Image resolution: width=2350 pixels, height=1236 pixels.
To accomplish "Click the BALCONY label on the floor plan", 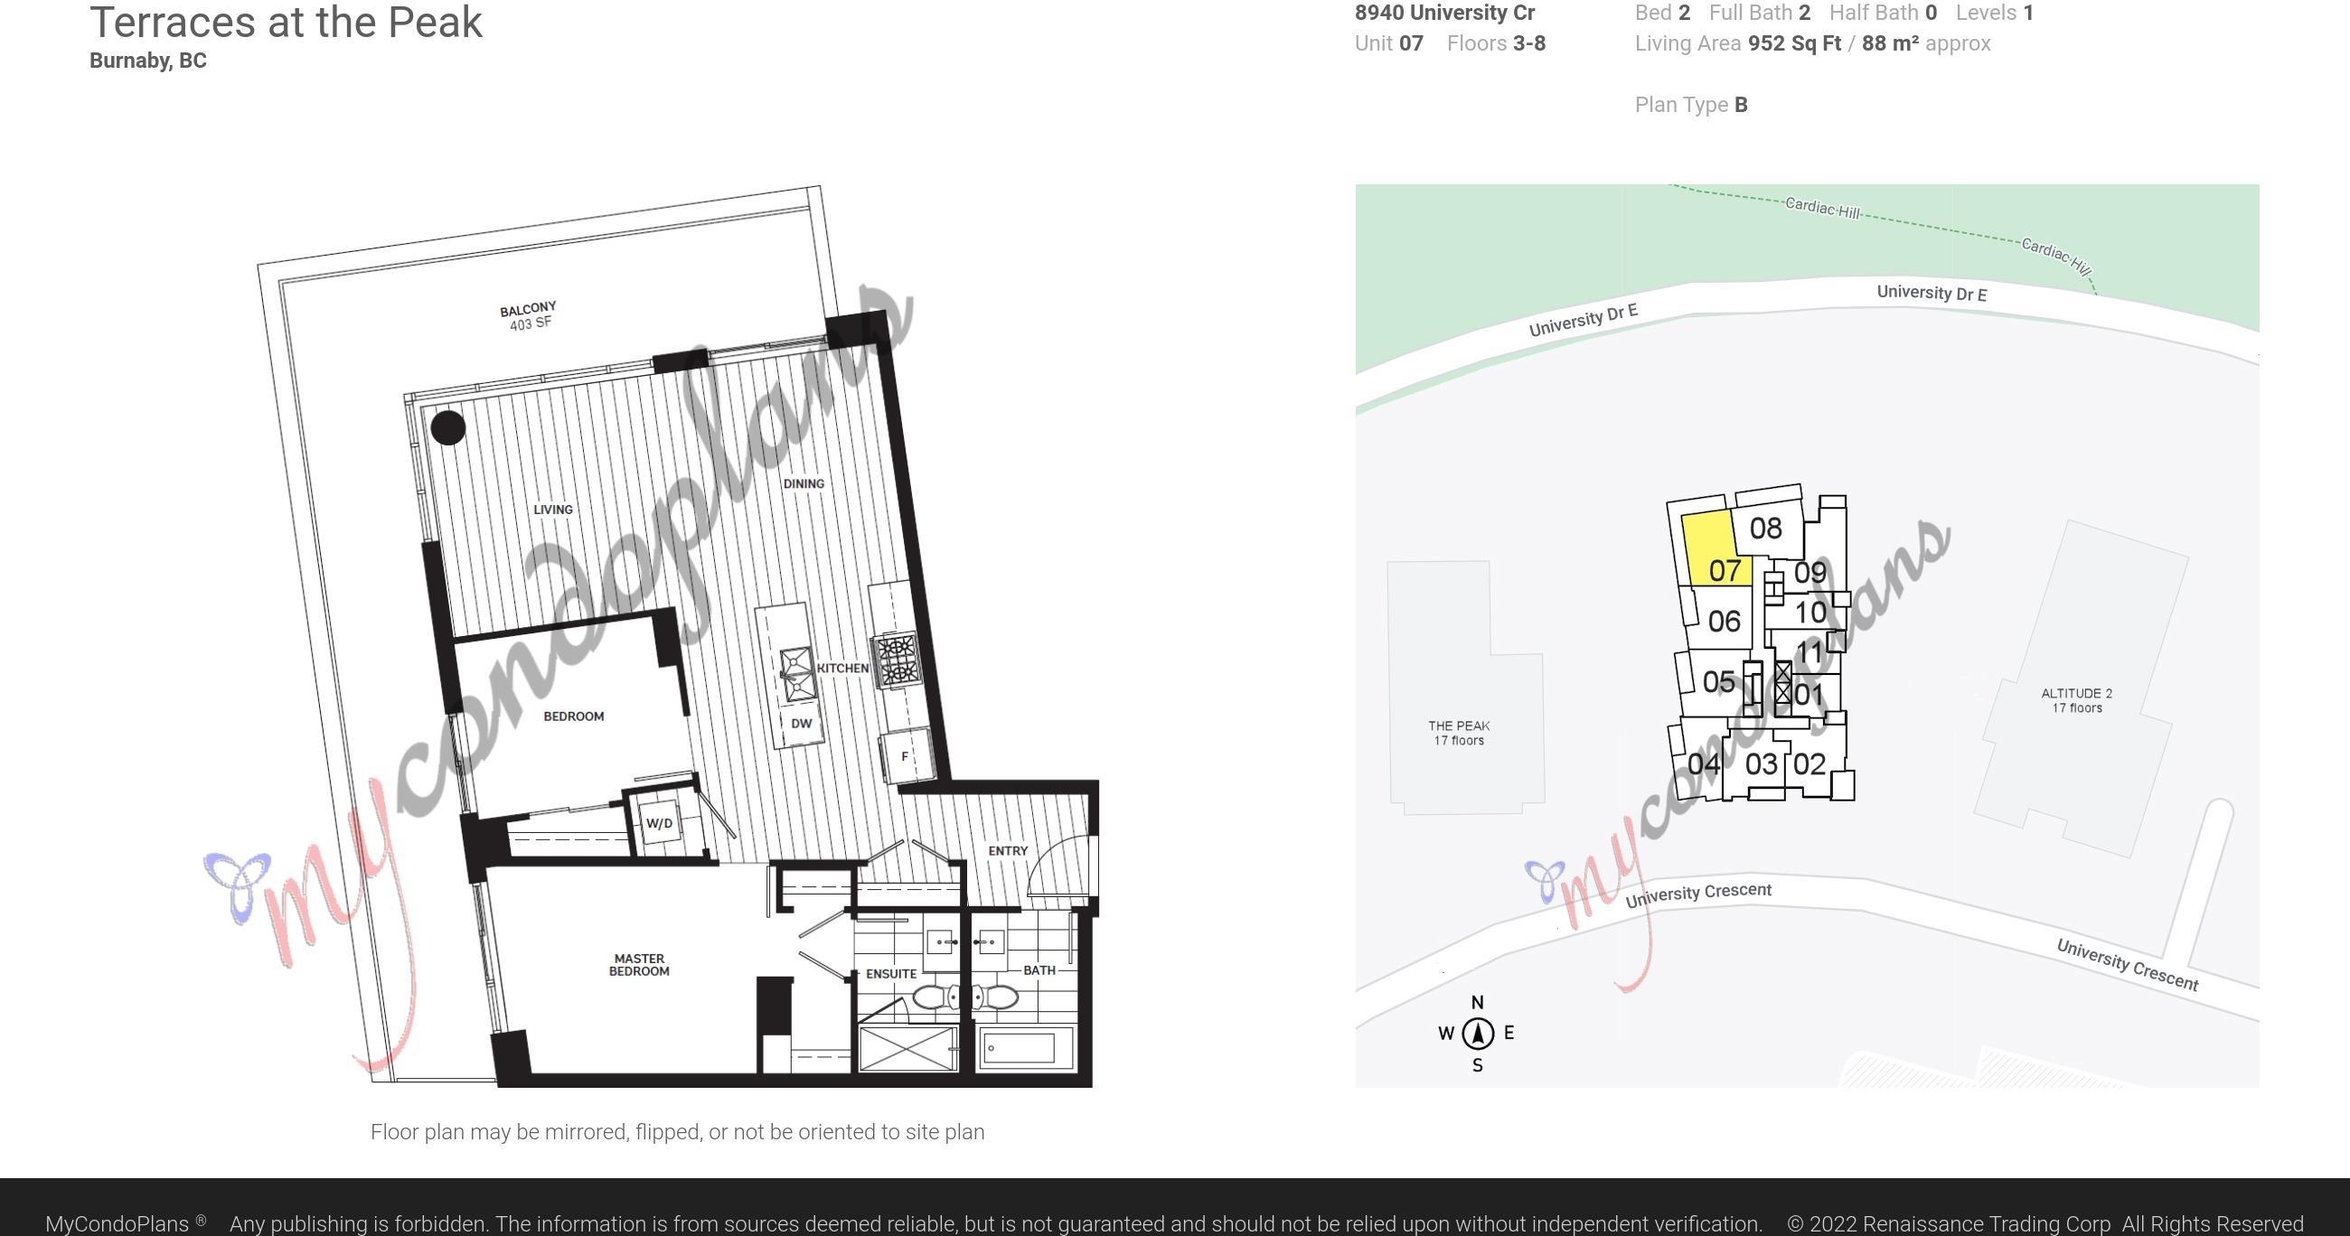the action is [527, 309].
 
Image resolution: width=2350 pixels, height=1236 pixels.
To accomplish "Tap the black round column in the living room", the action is [448, 426].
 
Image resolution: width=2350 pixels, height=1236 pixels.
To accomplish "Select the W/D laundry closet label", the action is [659, 824].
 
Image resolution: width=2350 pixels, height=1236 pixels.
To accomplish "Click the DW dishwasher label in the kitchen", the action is [801, 724].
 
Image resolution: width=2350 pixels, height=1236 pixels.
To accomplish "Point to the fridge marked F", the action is [906, 756].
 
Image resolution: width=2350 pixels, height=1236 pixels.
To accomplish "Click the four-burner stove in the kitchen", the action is [897, 660].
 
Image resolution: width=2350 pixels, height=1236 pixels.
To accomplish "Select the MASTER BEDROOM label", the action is [639, 965].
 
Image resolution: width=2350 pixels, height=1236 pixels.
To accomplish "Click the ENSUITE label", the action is [891, 973].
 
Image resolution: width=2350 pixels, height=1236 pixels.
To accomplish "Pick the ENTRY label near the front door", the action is [1008, 850].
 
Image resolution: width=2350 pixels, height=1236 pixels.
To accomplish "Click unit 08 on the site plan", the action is [1766, 529].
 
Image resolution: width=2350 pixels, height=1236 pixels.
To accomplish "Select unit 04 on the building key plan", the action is [1703, 763].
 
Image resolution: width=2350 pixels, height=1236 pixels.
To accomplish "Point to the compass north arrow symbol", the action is [1478, 1033].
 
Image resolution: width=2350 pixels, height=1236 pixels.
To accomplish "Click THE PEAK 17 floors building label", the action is [1459, 733].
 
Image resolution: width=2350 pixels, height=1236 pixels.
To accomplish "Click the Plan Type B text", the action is [1691, 105].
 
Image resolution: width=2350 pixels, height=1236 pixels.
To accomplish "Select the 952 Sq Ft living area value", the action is [1794, 43].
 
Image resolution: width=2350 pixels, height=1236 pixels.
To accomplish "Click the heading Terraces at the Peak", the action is [286, 22].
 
